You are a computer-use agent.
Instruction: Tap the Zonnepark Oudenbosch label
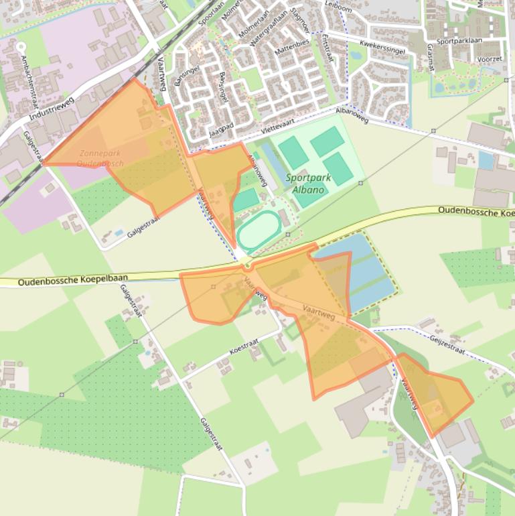click(x=100, y=158)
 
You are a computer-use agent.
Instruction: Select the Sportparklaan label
click(x=459, y=42)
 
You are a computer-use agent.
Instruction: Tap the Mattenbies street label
click(x=289, y=48)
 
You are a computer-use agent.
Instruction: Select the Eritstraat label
click(x=327, y=48)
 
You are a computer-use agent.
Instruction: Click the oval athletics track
click(x=259, y=232)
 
